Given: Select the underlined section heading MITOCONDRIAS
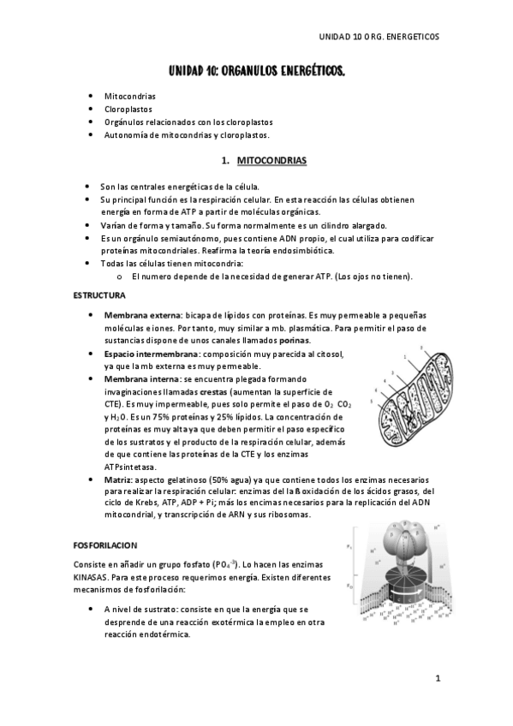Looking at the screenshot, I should coord(265,160).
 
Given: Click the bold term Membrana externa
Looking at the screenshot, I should coord(142,316).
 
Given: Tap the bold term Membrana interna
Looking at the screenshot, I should coord(141,378).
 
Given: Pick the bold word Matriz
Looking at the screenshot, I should coord(117,480).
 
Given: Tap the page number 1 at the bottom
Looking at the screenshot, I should coord(437,679).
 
